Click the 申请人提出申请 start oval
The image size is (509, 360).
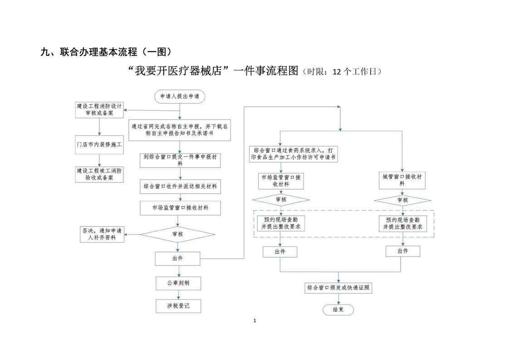click(x=180, y=96)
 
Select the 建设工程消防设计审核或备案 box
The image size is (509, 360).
click(x=100, y=110)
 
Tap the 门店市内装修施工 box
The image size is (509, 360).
click(x=100, y=144)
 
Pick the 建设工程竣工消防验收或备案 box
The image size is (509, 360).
click(x=100, y=174)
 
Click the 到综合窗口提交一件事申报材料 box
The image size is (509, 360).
click(x=180, y=160)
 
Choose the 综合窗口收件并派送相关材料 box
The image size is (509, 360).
click(x=180, y=186)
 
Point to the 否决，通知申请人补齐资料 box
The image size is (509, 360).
click(x=102, y=234)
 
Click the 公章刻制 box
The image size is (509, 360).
click(x=178, y=283)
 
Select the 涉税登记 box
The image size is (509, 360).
click(x=178, y=306)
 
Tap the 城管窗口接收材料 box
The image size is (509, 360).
click(x=402, y=180)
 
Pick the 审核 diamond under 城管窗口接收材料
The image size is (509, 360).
click(x=402, y=200)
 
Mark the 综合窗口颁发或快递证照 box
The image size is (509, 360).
click(x=338, y=287)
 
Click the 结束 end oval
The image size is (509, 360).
click(x=338, y=310)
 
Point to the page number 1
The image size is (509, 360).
click(x=254, y=321)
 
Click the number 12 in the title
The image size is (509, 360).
click(x=337, y=72)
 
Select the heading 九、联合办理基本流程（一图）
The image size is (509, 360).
click(x=106, y=52)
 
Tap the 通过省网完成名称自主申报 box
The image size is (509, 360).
click(x=180, y=130)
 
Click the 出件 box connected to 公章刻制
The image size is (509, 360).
click(x=177, y=258)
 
